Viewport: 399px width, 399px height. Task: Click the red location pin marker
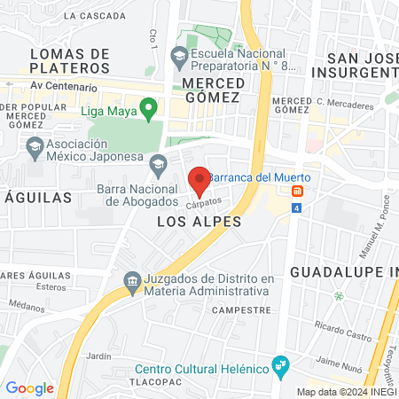pyautogui.click(x=199, y=179)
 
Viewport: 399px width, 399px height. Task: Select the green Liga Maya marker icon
pyautogui.click(x=149, y=109)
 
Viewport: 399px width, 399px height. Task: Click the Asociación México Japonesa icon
pyautogui.click(x=35, y=145)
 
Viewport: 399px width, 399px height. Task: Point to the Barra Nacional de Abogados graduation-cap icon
pyautogui.click(x=158, y=162)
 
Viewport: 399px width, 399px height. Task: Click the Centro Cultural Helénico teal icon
pyautogui.click(x=281, y=364)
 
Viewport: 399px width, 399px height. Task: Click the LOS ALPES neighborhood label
pyautogui.click(x=199, y=222)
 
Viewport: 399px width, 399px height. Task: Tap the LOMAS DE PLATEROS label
pyautogui.click(x=69, y=61)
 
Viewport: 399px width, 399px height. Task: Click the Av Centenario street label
pyautogui.click(x=63, y=87)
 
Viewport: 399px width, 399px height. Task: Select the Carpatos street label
pyautogui.click(x=203, y=203)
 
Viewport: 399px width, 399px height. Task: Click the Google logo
pyautogui.click(x=29, y=388)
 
